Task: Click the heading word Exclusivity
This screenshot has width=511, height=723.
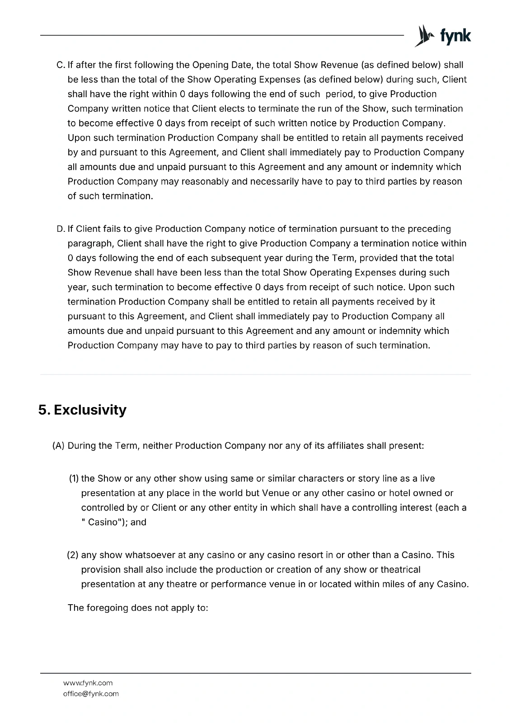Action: click(90, 410)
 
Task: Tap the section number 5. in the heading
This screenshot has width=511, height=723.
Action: click(44, 410)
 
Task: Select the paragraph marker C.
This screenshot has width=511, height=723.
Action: click(61, 65)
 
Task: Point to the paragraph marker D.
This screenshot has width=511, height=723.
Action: click(61, 229)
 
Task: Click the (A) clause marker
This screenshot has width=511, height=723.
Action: click(59, 446)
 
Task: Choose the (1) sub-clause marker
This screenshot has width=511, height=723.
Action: click(74, 479)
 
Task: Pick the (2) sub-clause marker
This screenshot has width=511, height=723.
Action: click(73, 555)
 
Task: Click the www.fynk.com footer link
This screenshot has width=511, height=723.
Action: click(88, 683)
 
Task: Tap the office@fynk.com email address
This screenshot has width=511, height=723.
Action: click(91, 694)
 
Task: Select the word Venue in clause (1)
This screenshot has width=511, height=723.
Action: click(276, 493)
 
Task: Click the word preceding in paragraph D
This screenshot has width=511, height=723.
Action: click(429, 229)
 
